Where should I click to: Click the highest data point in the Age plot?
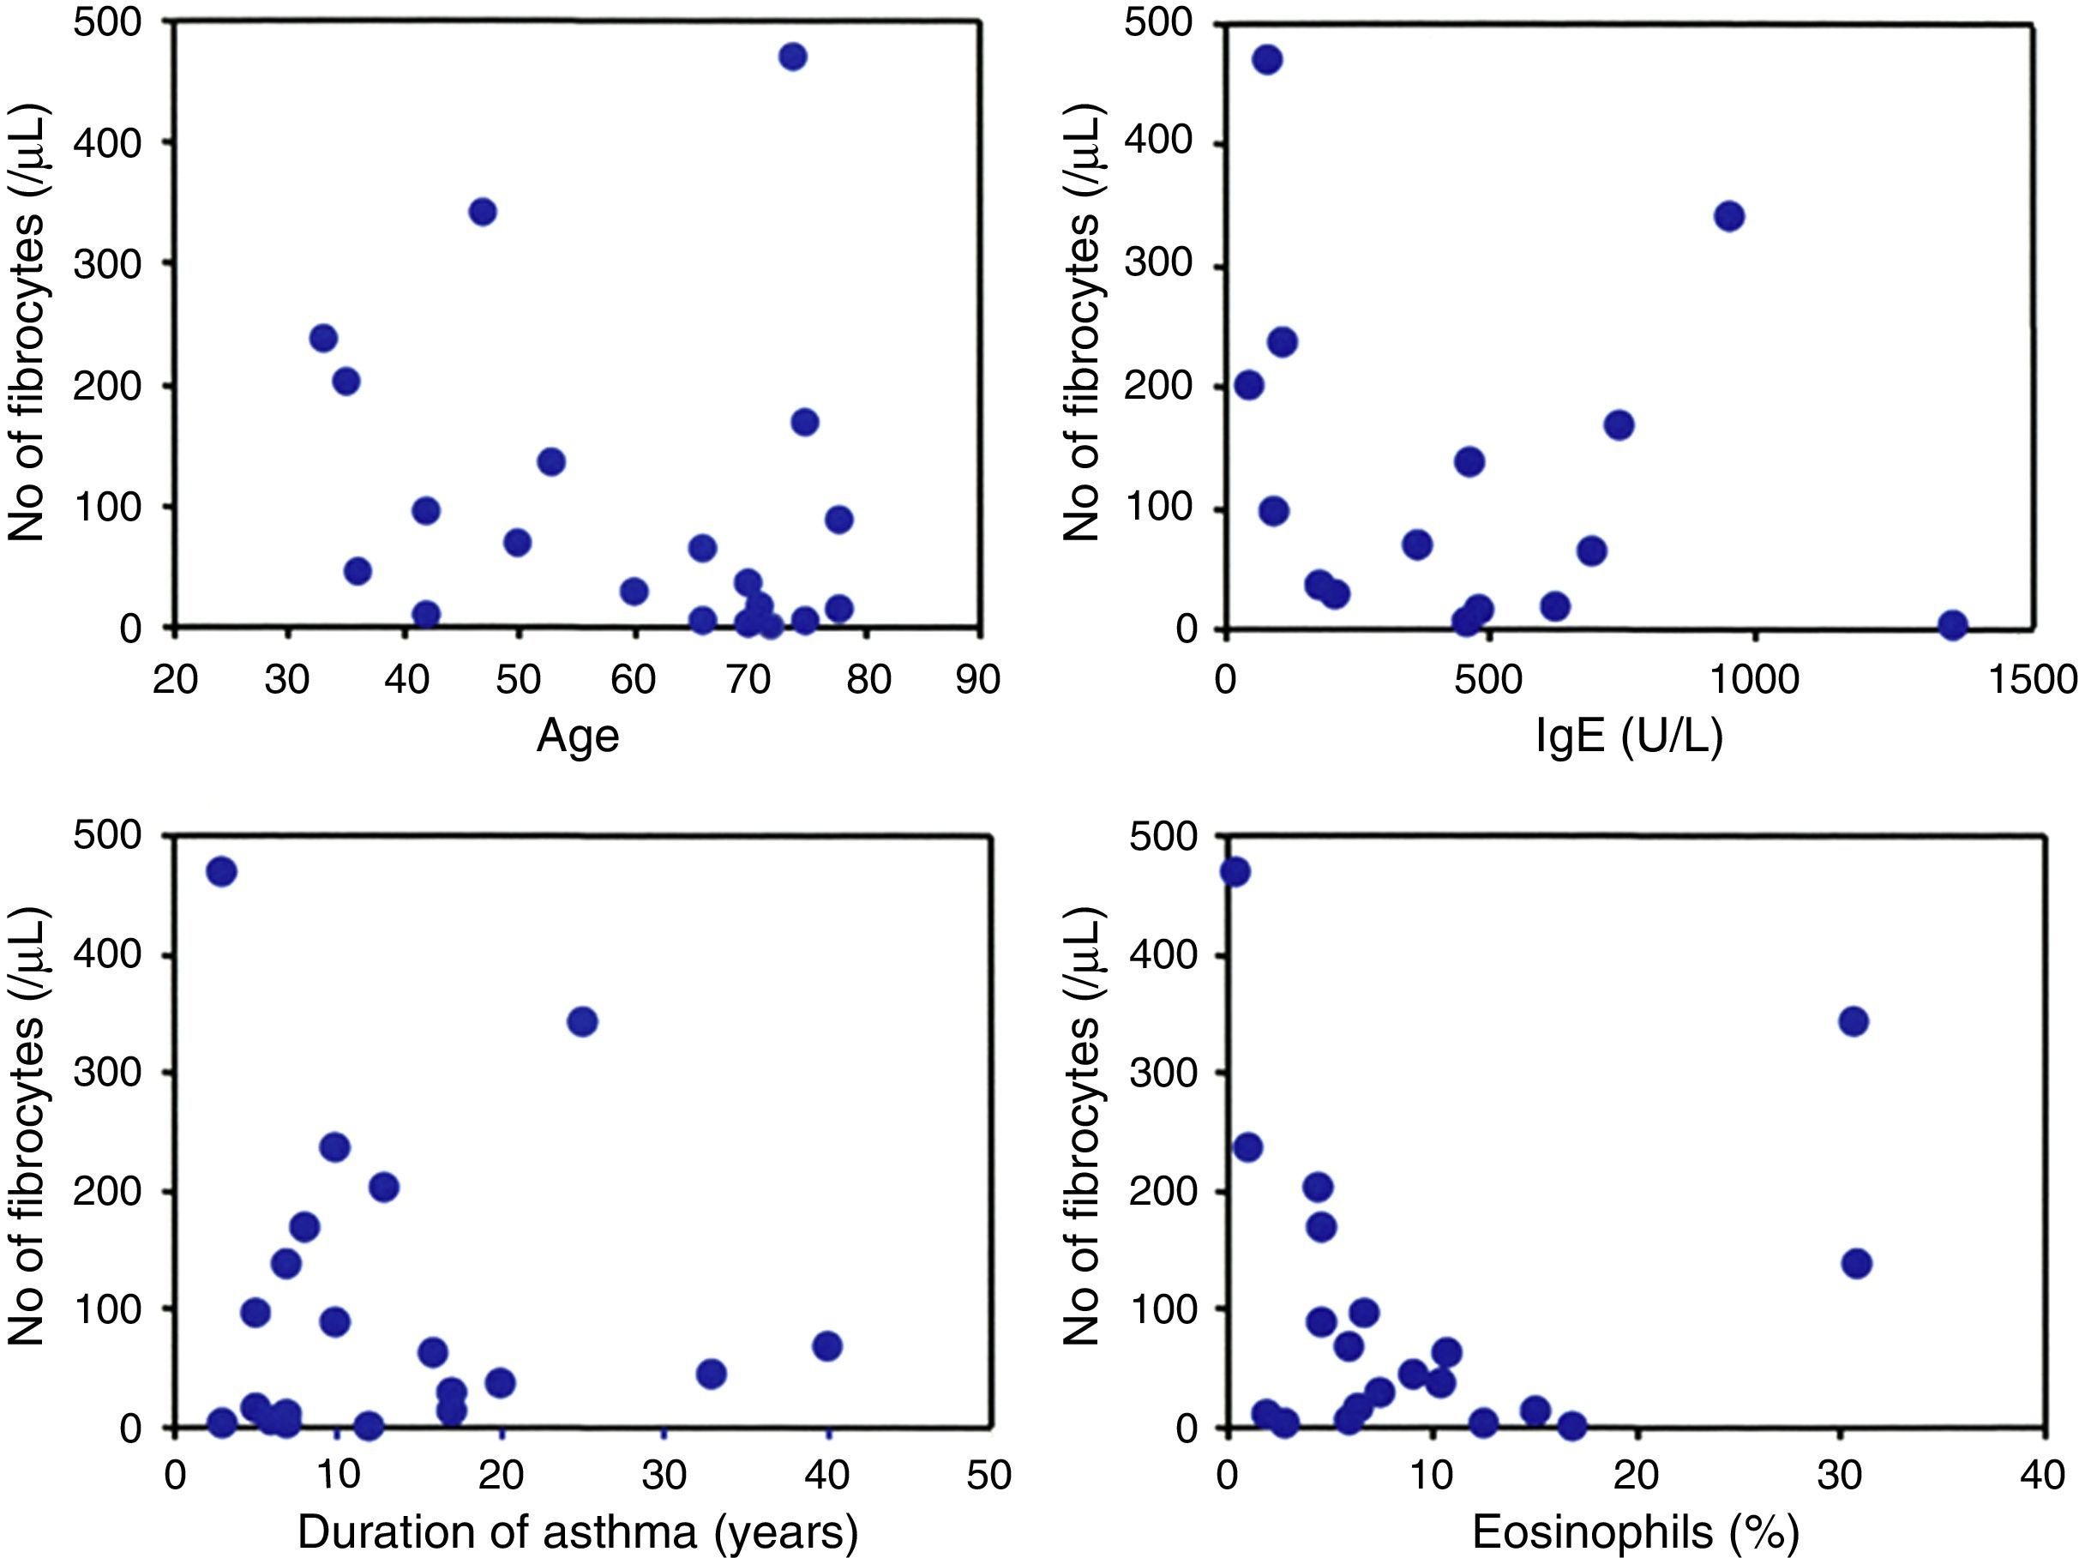point(792,57)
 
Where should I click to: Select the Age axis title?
point(577,736)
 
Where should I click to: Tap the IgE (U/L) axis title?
point(1629,736)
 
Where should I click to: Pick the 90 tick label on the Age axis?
point(978,679)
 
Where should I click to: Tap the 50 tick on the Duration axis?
point(988,1476)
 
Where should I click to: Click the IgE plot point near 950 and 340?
point(1728,216)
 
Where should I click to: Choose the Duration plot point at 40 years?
point(827,1345)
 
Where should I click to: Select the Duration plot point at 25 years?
point(583,1021)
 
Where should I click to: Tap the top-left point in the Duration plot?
point(221,872)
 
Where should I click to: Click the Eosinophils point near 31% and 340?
point(1853,1021)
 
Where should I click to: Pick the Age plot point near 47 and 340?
point(482,212)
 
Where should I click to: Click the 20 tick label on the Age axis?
point(175,679)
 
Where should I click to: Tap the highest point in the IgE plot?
point(1267,60)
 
